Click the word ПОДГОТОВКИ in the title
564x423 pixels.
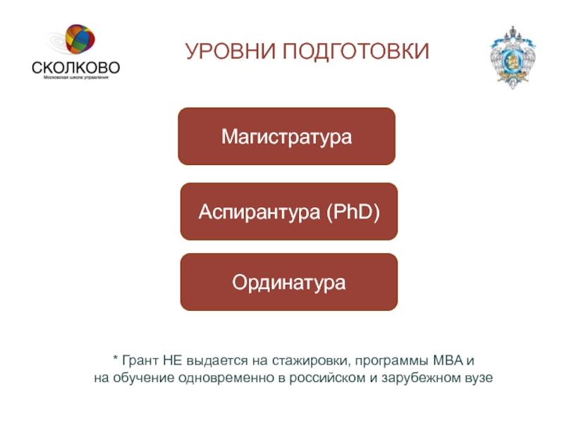pos(356,51)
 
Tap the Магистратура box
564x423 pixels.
pos(287,136)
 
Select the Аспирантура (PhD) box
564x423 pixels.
pos(289,211)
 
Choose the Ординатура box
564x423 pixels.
pos(289,282)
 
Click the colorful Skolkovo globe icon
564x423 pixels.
pos(80,39)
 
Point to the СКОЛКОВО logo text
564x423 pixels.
pos(76,67)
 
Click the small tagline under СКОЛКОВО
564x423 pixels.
pos(76,78)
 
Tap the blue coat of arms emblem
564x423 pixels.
pos(513,57)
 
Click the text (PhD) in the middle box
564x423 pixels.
pos(353,211)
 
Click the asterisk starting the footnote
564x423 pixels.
pos(116,358)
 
